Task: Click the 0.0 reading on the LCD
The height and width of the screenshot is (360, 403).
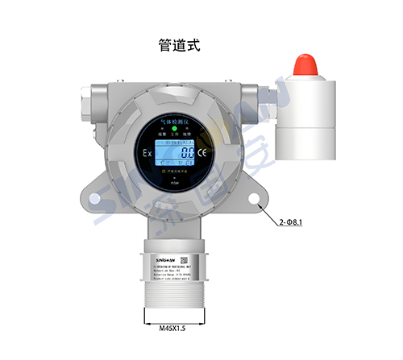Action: [187, 152]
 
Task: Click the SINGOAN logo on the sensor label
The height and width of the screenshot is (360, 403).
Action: [162, 259]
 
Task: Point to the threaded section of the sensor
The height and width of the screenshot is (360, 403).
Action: [173, 295]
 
